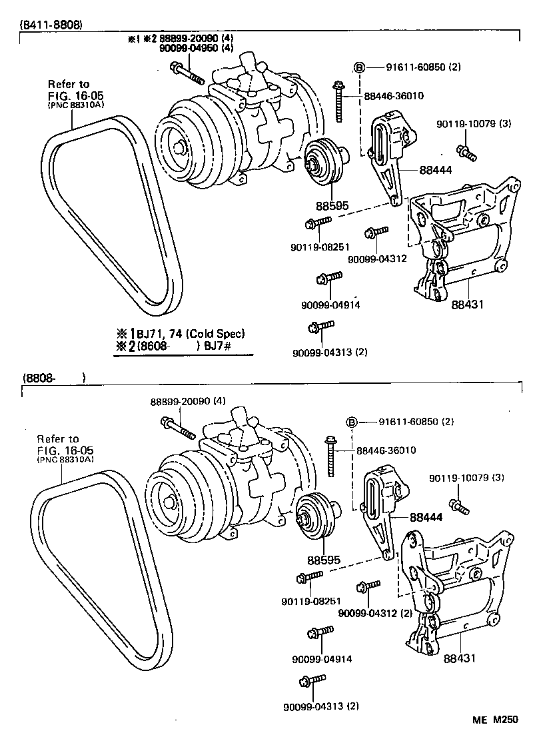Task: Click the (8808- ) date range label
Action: pos(53,378)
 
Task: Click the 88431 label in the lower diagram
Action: pos(460,658)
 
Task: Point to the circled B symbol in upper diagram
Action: pos(358,68)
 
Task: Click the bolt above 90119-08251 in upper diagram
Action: pos(318,222)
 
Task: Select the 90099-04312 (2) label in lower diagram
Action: pos(376,613)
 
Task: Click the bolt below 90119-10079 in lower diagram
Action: pos(460,506)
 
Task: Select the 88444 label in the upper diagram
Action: pos(436,171)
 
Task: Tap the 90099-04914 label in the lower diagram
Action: pos(322,659)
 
